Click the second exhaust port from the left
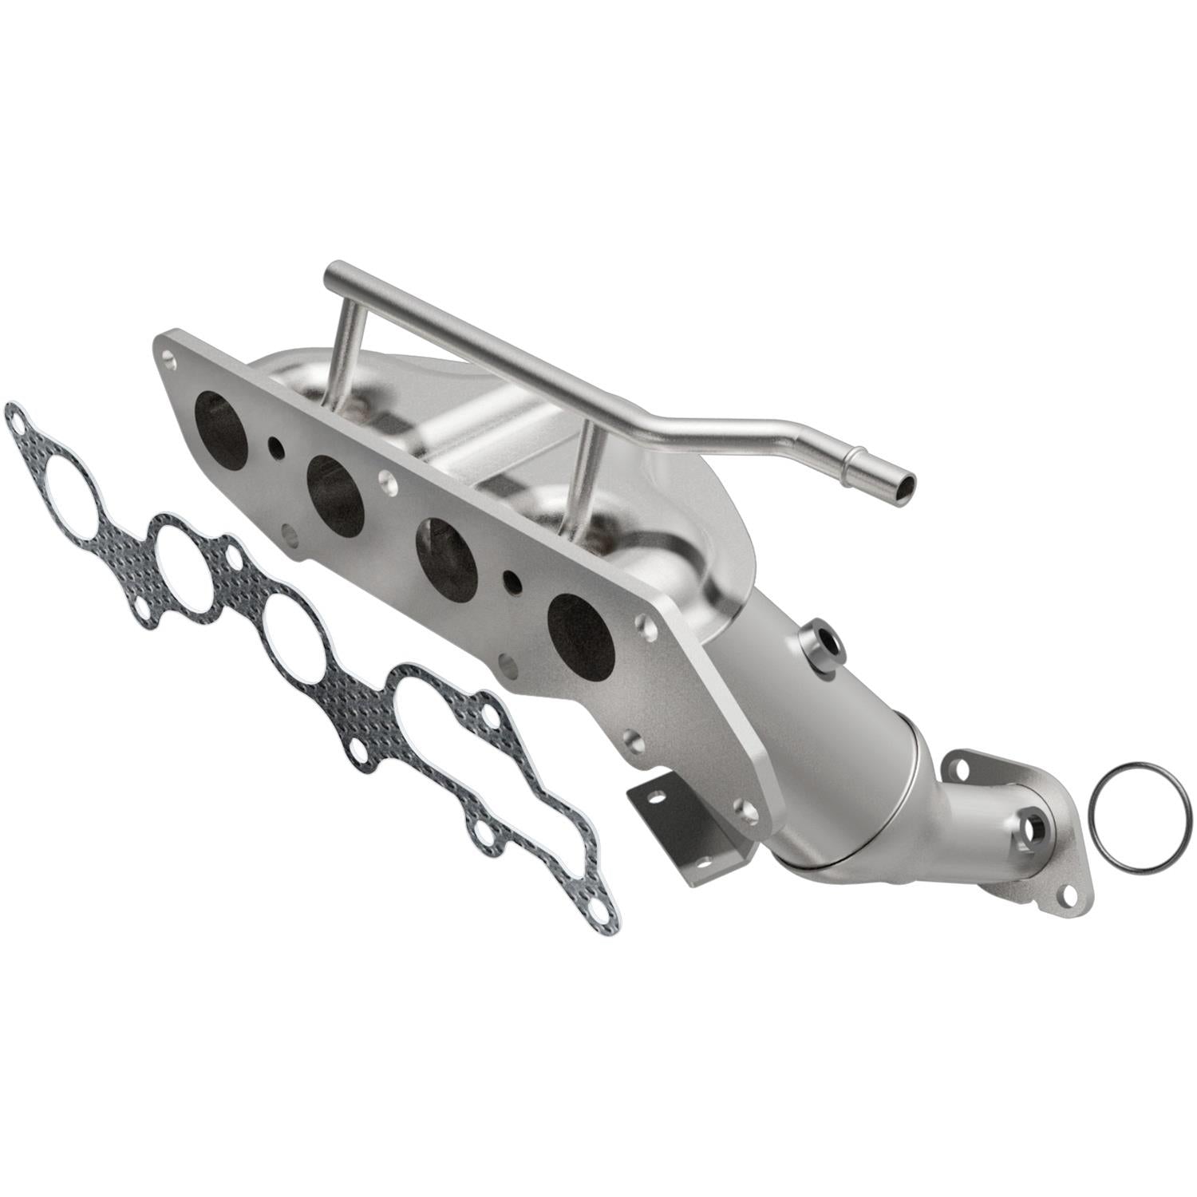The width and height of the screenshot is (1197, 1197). click(335, 495)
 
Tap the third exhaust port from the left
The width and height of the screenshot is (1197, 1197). click(452, 559)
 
